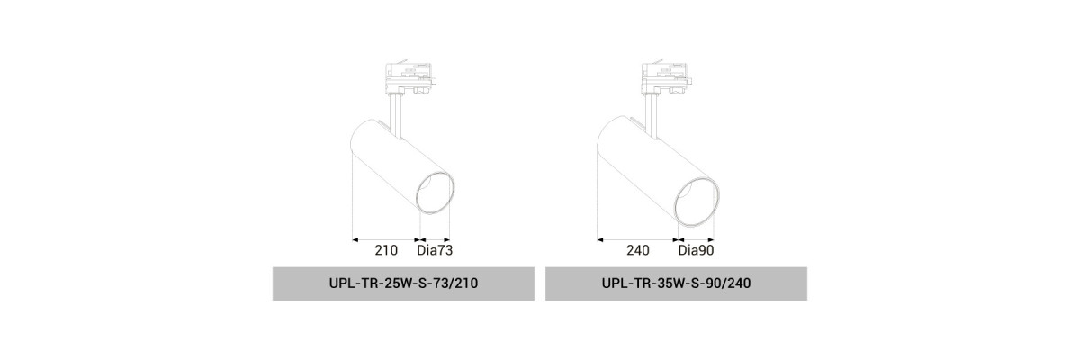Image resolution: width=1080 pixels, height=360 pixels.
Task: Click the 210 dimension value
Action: coord(386,250)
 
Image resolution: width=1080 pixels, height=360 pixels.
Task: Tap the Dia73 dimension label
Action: coord(435,250)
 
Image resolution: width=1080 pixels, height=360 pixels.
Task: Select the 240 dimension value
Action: coord(638,250)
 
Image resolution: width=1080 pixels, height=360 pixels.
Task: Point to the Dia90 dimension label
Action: coord(696,250)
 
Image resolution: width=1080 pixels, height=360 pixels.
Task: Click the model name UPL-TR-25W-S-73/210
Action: coord(403,283)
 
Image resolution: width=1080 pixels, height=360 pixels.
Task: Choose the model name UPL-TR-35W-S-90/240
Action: coord(676,283)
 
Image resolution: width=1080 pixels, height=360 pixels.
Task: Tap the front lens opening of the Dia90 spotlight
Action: coord(697,202)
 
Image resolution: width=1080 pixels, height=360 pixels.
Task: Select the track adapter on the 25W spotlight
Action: coord(410,78)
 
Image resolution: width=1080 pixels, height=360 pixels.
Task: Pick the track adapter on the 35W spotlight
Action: coord(667,78)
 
